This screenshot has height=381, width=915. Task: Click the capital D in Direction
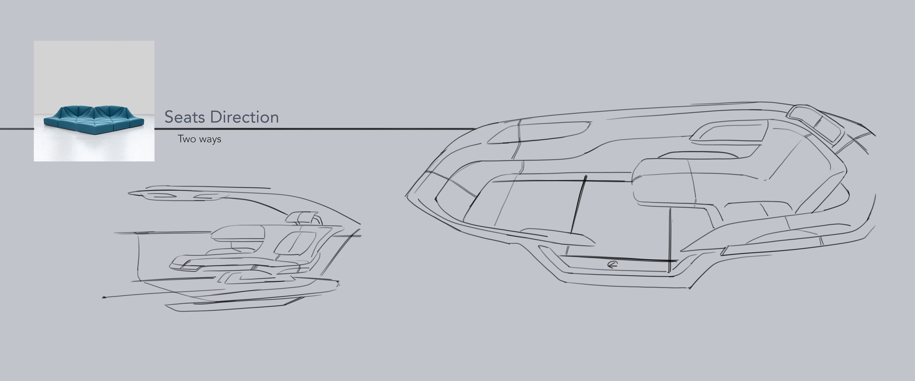[x=215, y=117]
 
